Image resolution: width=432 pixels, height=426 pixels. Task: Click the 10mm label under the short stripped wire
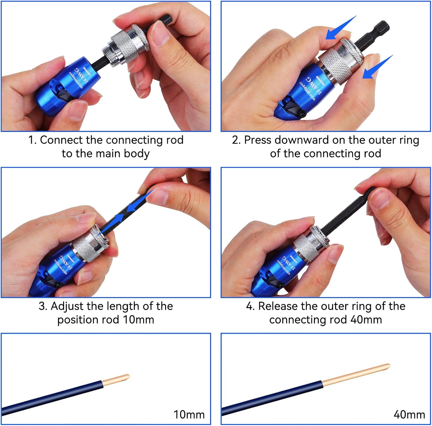tap(189, 415)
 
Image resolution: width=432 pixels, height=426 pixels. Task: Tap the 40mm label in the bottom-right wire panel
tap(409, 415)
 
